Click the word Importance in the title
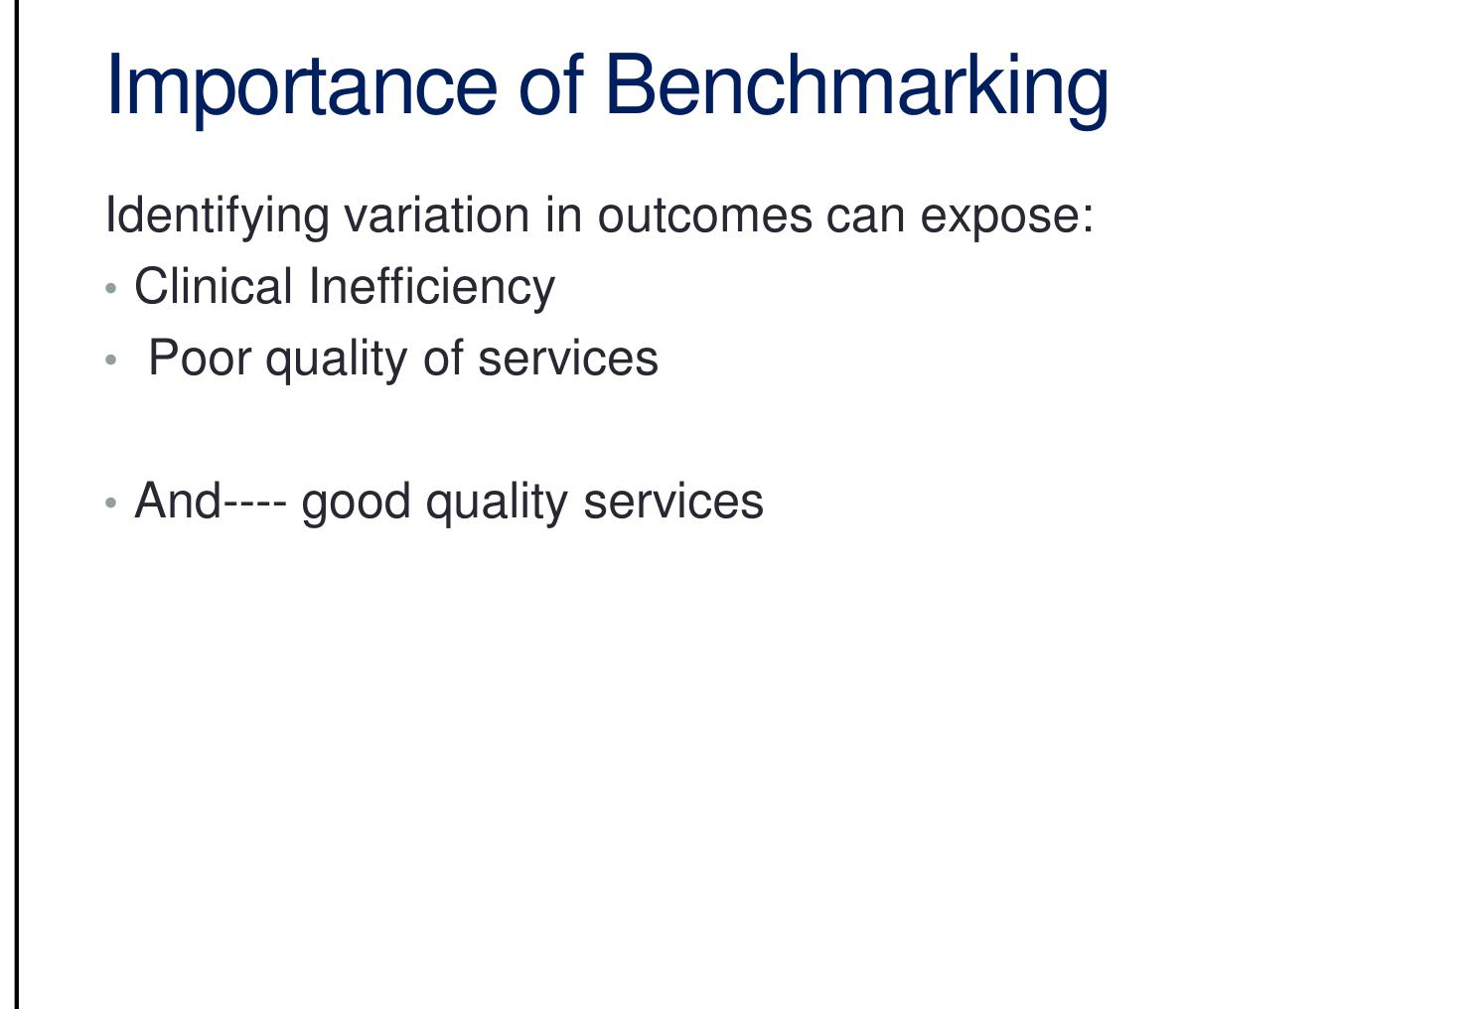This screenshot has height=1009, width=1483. [x=300, y=85]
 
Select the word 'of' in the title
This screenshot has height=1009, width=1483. [x=549, y=85]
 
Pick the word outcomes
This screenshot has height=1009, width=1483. [x=704, y=216]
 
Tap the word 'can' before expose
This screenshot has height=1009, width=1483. [x=865, y=216]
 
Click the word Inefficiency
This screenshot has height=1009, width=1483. [x=431, y=288]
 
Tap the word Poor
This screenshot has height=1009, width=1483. [x=199, y=359]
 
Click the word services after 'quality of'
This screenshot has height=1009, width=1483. [x=567, y=359]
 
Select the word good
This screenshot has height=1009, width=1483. [x=356, y=503]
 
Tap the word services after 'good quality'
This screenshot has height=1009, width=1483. [x=673, y=502]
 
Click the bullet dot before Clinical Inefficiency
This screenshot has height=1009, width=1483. [x=111, y=289]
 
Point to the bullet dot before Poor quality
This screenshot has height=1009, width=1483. [x=111, y=360]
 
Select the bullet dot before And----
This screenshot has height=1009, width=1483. [x=111, y=503]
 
